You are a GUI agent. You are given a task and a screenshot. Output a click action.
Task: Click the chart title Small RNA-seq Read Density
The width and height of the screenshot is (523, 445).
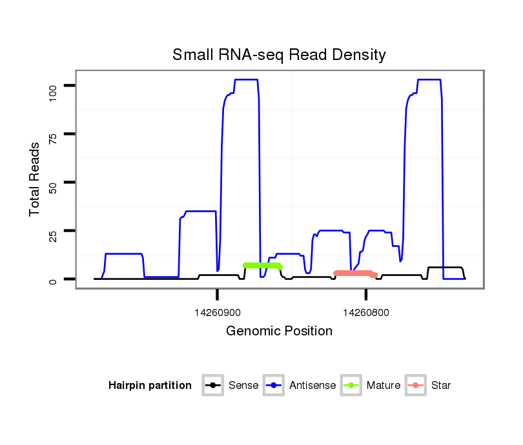coord(279,55)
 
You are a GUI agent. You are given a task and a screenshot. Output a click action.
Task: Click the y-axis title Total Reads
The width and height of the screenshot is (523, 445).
coord(35,179)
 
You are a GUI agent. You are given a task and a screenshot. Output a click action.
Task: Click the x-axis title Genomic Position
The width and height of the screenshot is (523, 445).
coord(279,331)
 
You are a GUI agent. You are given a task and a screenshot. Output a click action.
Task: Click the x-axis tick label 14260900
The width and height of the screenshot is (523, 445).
coord(218,312)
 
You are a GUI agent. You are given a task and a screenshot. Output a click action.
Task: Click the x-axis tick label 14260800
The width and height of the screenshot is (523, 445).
coord(366,312)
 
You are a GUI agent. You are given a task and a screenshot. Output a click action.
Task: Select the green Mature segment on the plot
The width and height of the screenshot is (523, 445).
coord(262,266)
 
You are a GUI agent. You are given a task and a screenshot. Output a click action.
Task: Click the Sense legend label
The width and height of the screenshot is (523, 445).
coord(243,386)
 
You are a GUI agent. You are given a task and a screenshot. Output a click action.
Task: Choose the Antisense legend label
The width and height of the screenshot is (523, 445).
coord(313,386)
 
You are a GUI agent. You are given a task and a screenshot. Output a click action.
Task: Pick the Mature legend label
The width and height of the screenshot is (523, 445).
coord(384,386)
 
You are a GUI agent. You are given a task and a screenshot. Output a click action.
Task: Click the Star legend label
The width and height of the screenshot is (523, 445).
coord(441,386)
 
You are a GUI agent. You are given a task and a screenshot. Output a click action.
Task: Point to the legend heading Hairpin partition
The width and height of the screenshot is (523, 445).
coord(150,386)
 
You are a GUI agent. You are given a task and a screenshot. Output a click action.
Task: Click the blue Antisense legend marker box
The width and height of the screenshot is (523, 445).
coord(274,386)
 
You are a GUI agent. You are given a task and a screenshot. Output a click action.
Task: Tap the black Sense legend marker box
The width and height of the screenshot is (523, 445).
coord(213,386)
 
